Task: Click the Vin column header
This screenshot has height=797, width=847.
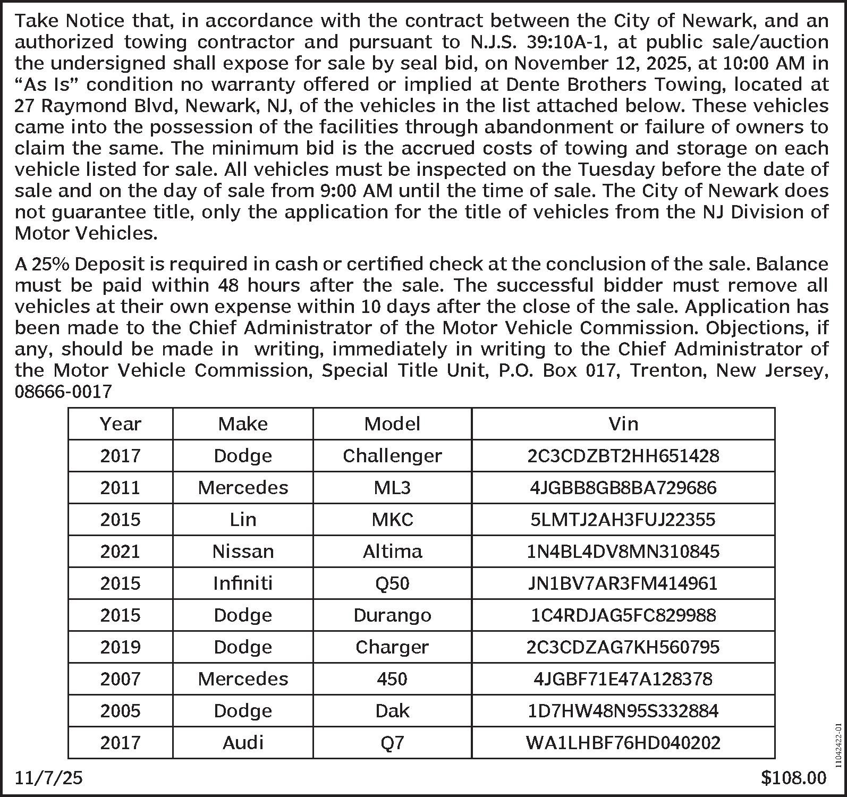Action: coord(623,424)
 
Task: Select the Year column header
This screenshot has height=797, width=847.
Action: coord(121,424)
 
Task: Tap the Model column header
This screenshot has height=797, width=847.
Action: coord(392,424)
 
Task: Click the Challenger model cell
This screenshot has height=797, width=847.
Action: coord(392,456)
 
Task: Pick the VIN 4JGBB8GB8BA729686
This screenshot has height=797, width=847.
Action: coord(623,488)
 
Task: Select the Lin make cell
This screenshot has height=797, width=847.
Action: coord(243,520)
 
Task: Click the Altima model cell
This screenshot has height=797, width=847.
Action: coord(392,552)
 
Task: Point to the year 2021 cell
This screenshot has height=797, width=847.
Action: coord(121,552)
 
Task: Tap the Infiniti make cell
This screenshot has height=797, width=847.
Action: coord(243,583)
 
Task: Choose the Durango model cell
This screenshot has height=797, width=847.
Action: coord(392,615)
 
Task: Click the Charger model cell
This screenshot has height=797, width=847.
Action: coord(392,647)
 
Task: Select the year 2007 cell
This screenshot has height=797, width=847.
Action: coord(121,679)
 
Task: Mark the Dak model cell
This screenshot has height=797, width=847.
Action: coord(392,711)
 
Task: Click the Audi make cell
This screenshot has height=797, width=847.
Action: coord(243,743)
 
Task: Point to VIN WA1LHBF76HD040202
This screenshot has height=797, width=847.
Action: coord(623,743)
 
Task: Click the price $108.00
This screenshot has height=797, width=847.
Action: coord(794,778)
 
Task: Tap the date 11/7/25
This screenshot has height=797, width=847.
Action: coord(49,778)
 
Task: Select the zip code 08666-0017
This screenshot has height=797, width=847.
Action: coord(63,392)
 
